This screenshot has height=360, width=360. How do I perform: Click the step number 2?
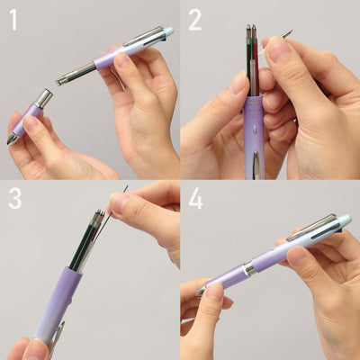(x=195, y=20)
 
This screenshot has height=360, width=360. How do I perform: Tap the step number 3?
(x=15, y=198)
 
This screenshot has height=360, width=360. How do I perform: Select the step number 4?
(x=195, y=198)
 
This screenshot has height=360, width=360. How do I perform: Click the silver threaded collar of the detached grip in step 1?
(x=43, y=98)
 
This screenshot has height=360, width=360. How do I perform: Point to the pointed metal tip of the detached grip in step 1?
(x=12, y=139)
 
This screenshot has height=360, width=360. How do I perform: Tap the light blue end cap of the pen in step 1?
(x=167, y=33)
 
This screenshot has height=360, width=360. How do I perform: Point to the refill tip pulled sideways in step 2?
(x=287, y=34)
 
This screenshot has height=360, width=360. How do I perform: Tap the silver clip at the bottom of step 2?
(x=256, y=164)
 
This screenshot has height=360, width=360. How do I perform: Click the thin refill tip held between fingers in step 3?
(x=124, y=190)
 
